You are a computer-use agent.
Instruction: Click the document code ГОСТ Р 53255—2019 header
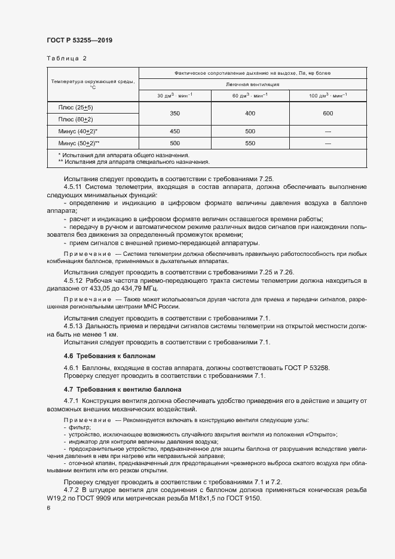tap(79, 40)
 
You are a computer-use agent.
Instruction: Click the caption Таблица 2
tap(66, 59)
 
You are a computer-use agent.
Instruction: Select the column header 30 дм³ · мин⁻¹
tap(174, 96)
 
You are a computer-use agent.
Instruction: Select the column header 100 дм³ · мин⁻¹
tap(328, 96)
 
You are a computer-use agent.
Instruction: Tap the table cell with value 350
tap(174, 113)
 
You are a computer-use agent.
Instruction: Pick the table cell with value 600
tap(328, 113)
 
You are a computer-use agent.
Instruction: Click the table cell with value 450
tap(174, 132)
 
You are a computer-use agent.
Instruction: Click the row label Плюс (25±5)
tap(75, 107)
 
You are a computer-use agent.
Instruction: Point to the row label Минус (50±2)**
tap(78, 143)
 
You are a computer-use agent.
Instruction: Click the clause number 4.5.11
tap(74, 187)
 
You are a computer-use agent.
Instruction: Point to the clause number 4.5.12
tap(74, 280)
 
